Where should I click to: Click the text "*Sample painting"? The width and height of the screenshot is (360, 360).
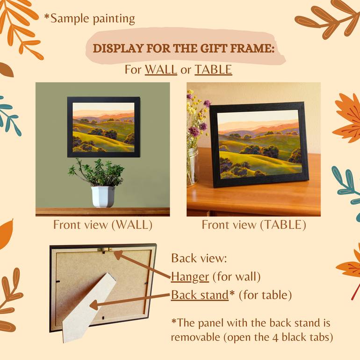(89, 19)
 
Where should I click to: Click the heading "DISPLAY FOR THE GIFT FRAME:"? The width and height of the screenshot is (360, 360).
(183, 49)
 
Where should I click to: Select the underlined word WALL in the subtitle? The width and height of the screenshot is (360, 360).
(161, 70)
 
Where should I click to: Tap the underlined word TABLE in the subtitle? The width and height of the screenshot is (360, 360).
(213, 70)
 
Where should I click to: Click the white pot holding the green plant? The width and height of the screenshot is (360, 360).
(103, 196)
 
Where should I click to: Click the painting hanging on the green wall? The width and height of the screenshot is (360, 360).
(103, 127)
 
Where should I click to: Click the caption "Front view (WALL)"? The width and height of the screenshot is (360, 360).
(103, 225)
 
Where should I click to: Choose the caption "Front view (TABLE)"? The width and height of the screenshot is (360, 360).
(254, 225)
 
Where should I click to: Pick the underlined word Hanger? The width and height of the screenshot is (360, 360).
(190, 277)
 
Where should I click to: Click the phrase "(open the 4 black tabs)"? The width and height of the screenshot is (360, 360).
(252, 337)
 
